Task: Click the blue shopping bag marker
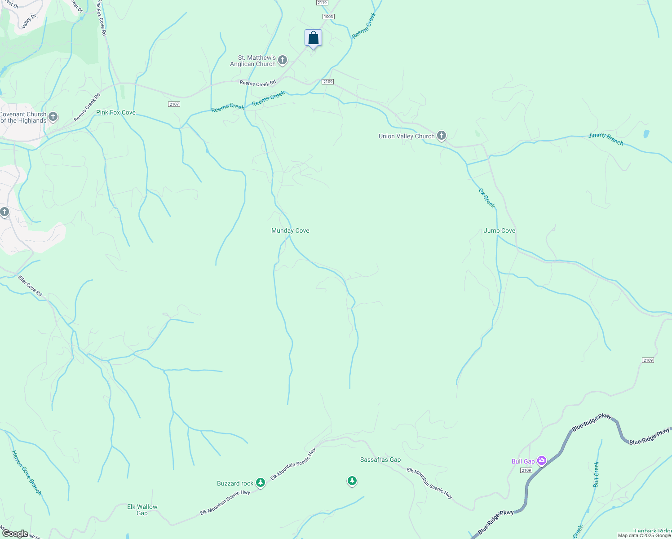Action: click(x=313, y=39)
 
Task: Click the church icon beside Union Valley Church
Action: click(x=442, y=136)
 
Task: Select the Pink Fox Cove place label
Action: click(x=116, y=112)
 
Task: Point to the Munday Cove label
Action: click(x=290, y=230)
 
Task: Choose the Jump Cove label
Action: click(x=499, y=230)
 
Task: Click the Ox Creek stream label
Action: click(x=486, y=198)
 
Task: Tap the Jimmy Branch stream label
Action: click(x=606, y=139)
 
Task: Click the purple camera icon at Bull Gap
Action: click(x=542, y=460)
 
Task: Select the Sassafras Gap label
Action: click(x=380, y=459)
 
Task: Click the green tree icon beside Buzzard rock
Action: click(x=261, y=483)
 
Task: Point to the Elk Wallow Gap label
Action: click(x=142, y=510)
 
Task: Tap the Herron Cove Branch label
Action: click(x=27, y=473)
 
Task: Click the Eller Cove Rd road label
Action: click(x=30, y=286)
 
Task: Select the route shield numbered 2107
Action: click(x=174, y=104)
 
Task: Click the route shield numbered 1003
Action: click(x=328, y=17)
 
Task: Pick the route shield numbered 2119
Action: click(x=322, y=3)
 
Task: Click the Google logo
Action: click(x=15, y=533)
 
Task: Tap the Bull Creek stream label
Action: click(x=596, y=474)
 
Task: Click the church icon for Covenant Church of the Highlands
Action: click(x=53, y=117)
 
